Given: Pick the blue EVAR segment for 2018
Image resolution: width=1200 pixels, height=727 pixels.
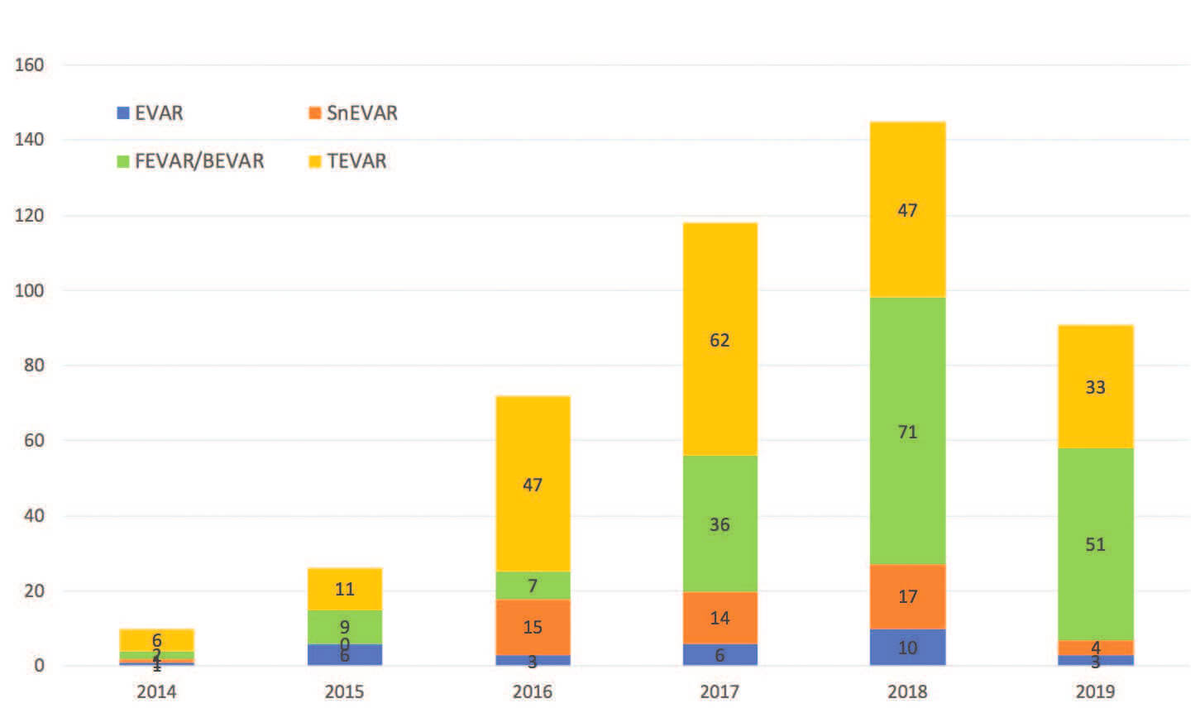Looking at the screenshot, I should tap(907, 648).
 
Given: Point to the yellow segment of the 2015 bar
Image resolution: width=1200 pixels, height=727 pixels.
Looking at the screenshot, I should tap(344, 589).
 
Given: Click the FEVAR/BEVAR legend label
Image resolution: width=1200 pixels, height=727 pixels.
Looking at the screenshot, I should tap(199, 161).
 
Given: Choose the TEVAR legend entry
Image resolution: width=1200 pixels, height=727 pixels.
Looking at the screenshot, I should tap(356, 161).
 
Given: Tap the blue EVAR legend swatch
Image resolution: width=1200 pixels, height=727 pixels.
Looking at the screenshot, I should tap(123, 113).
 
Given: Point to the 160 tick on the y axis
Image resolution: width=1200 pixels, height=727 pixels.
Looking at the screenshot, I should tap(29, 65).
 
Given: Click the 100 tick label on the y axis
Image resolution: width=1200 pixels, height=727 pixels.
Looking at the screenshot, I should tap(29, 290).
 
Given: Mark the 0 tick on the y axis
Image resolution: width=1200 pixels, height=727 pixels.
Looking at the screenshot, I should tap(39, 666).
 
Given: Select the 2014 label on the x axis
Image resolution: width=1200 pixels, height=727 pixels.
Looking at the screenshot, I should tap(156, 691).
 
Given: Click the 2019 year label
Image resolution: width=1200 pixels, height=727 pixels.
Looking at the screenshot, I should tap(1095, 691).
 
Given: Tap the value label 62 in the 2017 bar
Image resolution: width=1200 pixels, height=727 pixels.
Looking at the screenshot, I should tap(720, 341).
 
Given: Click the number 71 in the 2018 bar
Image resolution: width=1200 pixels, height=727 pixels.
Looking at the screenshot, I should tap(907, 433).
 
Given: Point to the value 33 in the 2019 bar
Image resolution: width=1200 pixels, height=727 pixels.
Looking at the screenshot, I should tap(1095, 388).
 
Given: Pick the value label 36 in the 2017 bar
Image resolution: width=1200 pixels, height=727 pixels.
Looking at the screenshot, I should tap(720, 525).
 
